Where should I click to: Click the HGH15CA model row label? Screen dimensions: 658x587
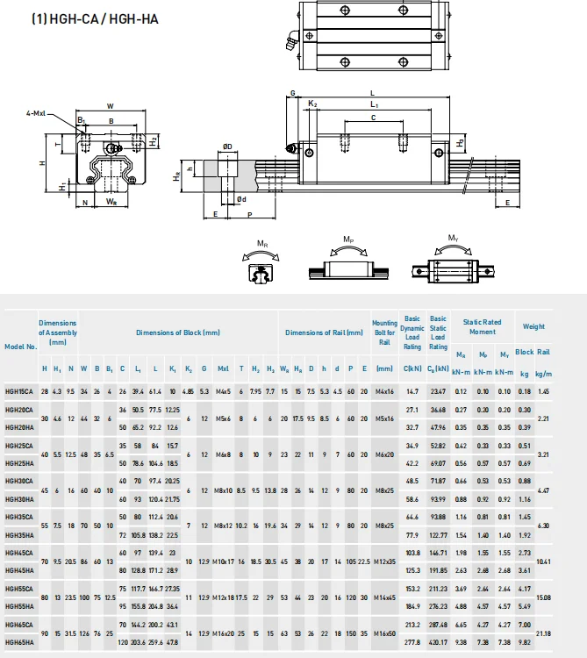[x=19, y=390]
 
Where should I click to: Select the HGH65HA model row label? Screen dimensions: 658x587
[x=19, y=642]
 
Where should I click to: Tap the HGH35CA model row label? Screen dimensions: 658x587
[x=19, y=517]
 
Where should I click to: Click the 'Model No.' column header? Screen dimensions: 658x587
[x=19, y=346]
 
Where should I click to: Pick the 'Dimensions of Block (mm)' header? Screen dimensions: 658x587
[x=177, y=333]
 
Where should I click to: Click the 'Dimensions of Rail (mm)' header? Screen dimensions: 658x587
[x=324, y=333]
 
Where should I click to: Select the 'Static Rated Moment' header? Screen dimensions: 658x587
[x=482, y=326]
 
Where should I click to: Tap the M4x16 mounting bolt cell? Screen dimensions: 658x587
[x=384, y=390]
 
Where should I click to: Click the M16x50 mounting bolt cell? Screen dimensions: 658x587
[x=384, y=633]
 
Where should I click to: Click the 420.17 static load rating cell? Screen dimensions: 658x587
[x=438, y=642]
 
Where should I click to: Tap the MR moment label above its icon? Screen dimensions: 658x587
[x=262, y=242]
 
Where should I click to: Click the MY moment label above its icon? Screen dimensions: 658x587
[x=454, y=238]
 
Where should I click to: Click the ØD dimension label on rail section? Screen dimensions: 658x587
[x=227, y=147]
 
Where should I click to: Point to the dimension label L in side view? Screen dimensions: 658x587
[x=372, y=92]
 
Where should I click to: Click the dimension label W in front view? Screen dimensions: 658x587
[x=110, y=106]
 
